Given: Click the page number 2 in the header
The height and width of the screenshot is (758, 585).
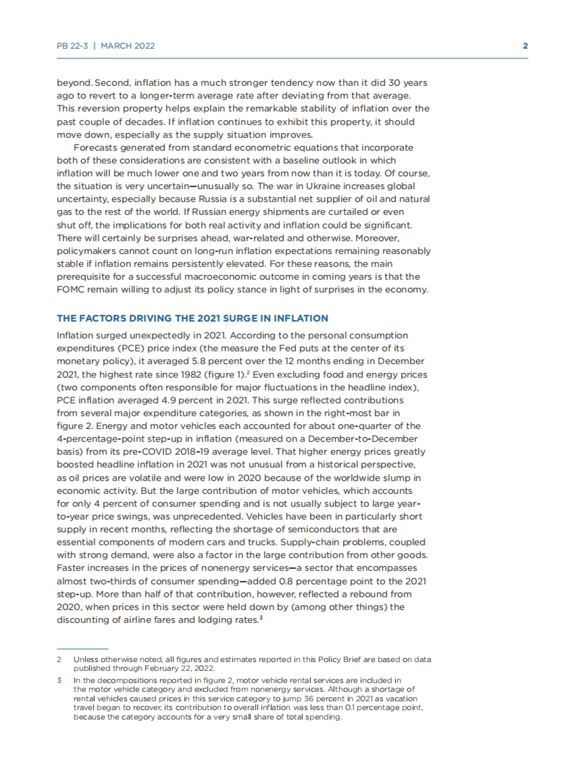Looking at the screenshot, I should click(525, 46).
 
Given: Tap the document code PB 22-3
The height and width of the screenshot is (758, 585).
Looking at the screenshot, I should click(72, 46).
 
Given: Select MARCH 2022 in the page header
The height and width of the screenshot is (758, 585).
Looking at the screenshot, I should click(128, 46).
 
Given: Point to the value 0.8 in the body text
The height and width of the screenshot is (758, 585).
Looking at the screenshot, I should click(285, 581).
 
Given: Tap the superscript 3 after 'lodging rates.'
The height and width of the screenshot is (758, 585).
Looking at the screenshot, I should click(261, 618).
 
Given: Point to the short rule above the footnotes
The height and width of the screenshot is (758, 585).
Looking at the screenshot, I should click(82, 649).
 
